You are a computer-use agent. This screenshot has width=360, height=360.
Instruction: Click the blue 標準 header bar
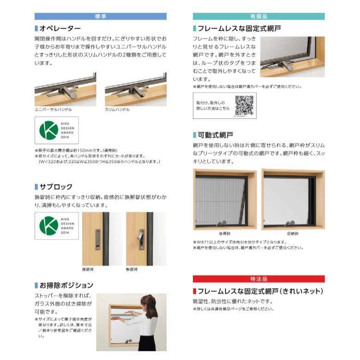[x=100, y=16]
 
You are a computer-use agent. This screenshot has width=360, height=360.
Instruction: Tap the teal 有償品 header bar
[x=258, y=16]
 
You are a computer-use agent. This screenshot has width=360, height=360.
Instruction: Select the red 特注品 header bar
[x=258, y=279]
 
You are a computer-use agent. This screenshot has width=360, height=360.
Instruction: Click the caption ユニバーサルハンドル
[x=53, y=110]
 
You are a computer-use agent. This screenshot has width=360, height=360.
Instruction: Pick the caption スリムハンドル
[x=117, y=110]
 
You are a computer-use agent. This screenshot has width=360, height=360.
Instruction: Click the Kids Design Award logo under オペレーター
[x=56, y=131]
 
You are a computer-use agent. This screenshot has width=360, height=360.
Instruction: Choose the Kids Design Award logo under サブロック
[x=56, y=226]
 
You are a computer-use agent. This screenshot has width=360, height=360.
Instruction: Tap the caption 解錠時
[x=132, y=269]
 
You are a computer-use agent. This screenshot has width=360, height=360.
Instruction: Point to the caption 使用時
[x=224, y=234]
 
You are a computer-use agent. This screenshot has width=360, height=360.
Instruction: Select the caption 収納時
[x=293, y=234]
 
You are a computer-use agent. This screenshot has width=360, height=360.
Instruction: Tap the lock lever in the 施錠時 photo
[x=97, y=240]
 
